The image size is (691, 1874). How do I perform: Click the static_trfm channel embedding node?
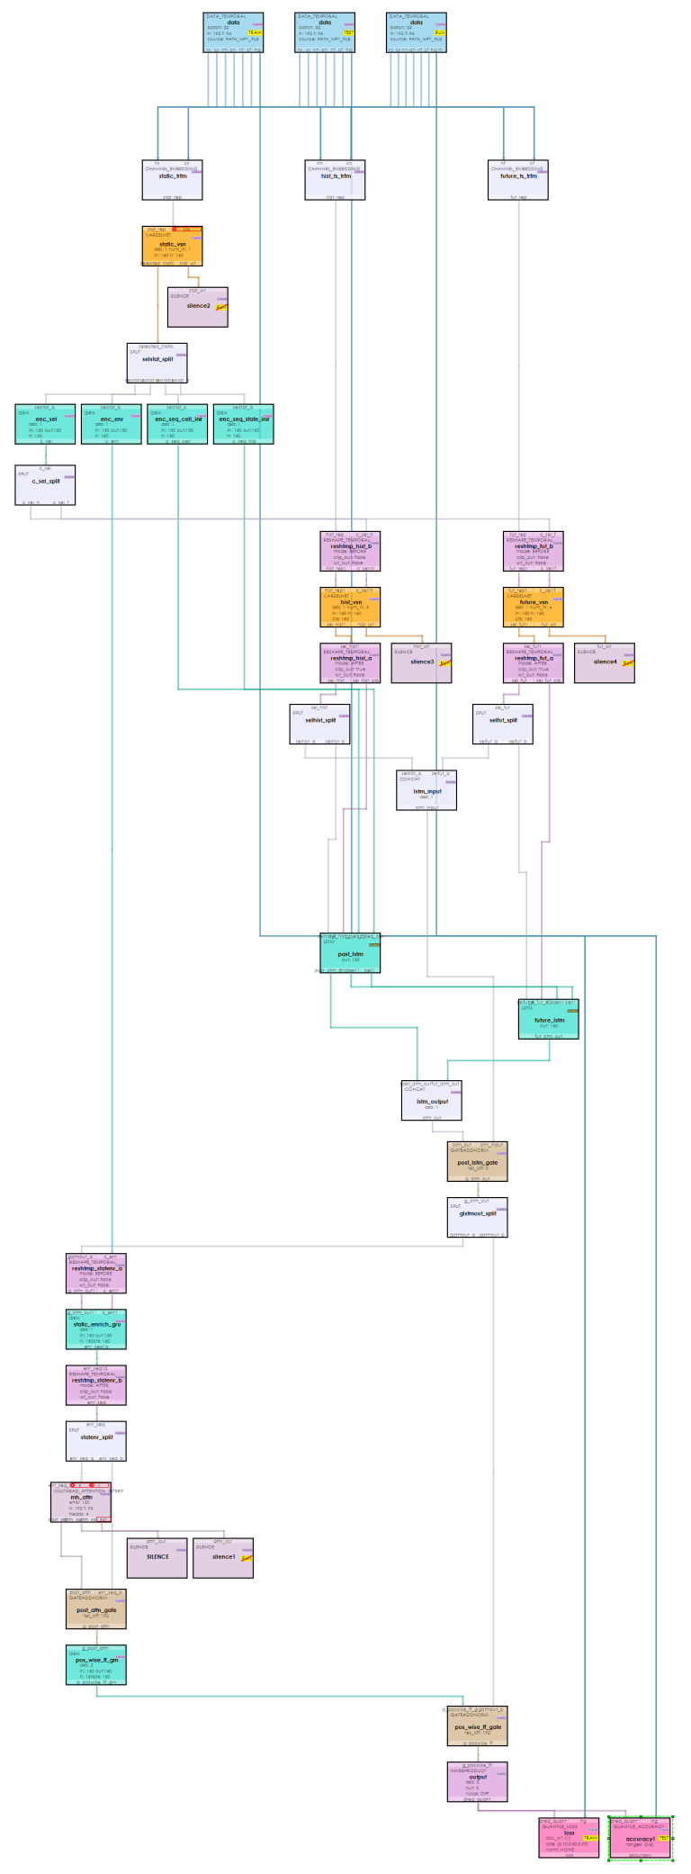[x=173, y=179]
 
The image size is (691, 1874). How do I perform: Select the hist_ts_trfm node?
[x=335, y=179]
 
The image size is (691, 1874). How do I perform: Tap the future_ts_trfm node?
[x=518, y=179]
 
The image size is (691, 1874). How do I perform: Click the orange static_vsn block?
[x=173, y=246]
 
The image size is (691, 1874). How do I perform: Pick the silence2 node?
[x=198, y=307]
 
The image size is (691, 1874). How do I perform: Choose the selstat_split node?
[x=157, y=362]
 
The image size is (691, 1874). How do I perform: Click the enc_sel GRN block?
[x=46, y=424]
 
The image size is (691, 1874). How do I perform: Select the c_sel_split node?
[x=46, y=484]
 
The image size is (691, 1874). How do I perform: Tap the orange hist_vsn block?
[x=351, y=607]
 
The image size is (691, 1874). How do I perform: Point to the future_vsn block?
[x=534, y=607]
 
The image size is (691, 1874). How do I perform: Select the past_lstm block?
[x=351, y=953]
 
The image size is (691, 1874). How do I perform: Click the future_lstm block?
[x=549, y=1019]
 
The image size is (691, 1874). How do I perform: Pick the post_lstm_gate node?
[x=477, y=1162]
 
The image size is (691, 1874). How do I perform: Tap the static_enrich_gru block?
[x=96, y=1329]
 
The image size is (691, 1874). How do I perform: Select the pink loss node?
[x=569, y=1836]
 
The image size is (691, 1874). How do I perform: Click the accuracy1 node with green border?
[x=640, y=1837]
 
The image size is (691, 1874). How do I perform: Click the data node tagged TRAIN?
[x=233, y=32]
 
